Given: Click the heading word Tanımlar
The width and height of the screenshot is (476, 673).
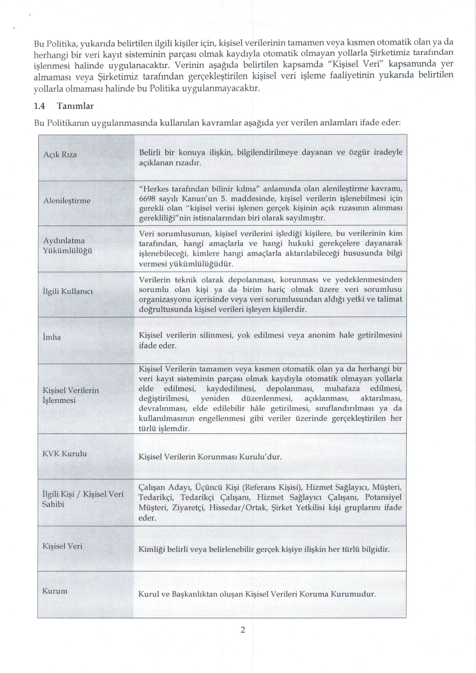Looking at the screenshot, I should (x=75, y=106).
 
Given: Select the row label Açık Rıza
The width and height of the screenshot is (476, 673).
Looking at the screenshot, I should (x=60, y=155).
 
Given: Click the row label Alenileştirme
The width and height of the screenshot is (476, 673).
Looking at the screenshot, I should (x=67, y=201).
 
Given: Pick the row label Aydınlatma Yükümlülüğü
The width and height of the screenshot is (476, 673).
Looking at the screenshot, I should (x=67, y=246).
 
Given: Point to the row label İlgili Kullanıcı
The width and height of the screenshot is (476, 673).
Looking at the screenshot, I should (x=67, y=291).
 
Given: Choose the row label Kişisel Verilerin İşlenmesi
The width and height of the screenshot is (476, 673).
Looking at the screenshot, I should (x=71, y=395).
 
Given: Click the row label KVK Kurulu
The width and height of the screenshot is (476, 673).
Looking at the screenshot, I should (x=65, y=454).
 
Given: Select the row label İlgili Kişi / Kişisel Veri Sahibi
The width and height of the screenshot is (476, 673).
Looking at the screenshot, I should (x=83, y=499).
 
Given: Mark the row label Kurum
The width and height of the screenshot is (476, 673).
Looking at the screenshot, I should (x=55, y=591).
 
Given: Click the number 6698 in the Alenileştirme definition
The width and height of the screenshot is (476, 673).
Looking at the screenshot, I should (x=147, y=198).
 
